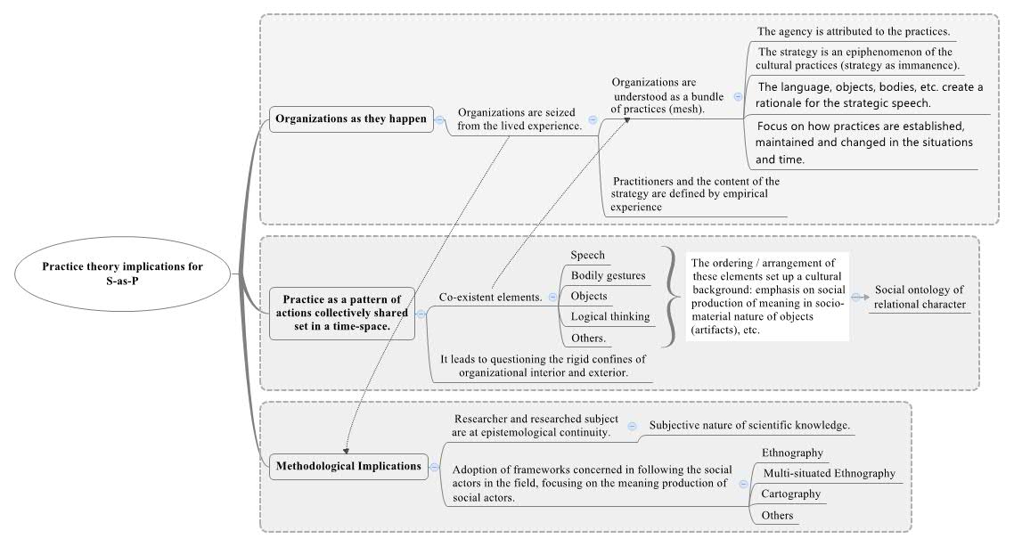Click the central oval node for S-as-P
pyautogui.click(x=122, y=273)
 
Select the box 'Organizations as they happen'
pyautogui.click(x=351, y=119)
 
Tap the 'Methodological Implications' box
pyautogui.click(x=348, y=466)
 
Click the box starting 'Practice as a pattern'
pyautogui.click(x=342, y=313)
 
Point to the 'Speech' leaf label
pyautogui.click(x=588, y=256)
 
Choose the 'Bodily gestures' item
pyautogui.click(x=608, y=276)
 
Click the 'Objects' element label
pyautogui.click(x=588, y=296)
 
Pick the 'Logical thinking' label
pyautogui.click(x=609, y=317)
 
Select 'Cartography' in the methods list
pyautogui.click(x=791, y=494)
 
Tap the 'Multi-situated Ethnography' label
pyautogui.click(x=829, y=473)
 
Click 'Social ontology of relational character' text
pyautogui.click(x=920, y=298)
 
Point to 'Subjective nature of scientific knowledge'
pyautogui.click(x=749, y=426)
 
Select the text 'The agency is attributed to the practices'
pyautogui.click(x=854, y=31)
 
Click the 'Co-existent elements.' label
pyautogui.click(x=491, y=298)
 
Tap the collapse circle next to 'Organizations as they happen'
pyautogui.click(x=440, y=119)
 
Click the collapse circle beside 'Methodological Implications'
pyautogui.click(x=435, y=467)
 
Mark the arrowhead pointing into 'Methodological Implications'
pyautogui.click(x=347, y=451)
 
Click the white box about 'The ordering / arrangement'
pyautogui.click(x=767, y=297)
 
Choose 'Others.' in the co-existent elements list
pyautogui.click(x=588, y=339)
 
